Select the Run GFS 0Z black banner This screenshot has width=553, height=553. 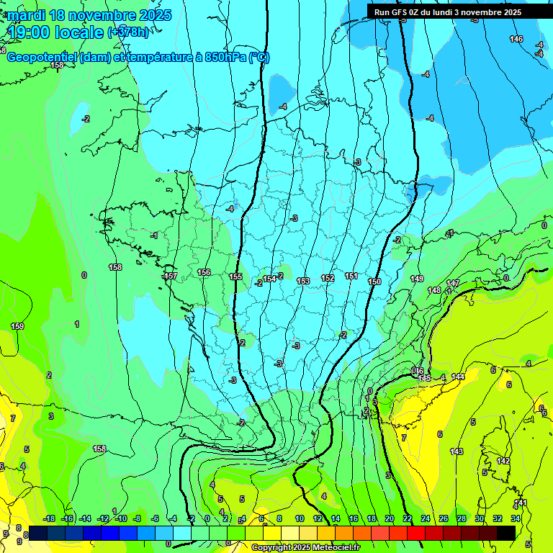coord(448,12)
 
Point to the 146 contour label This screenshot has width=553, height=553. coord(516,39)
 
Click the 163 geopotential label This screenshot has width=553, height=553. coord(303,281)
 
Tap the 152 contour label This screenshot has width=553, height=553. coord(328,278)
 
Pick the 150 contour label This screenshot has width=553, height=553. coord(374,282)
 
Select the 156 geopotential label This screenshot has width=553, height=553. coord(204,272)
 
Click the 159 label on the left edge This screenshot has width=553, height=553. coord(17,326)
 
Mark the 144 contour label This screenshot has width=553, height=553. coord(458,377)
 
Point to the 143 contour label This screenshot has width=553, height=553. coord(456,451)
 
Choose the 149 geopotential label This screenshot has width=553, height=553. coord(417,279)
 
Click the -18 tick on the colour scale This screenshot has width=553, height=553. coord(49,518)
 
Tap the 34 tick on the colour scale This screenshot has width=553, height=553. coord(516,518)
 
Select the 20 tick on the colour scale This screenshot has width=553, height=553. coord(390,518)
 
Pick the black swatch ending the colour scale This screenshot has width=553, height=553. coord(506,533)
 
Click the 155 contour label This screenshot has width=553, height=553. coord(235,276)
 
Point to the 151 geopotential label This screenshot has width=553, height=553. coord(351,276)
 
